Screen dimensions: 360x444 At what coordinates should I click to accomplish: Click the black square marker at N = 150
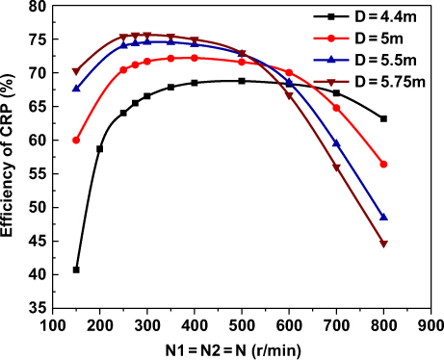[76, 270]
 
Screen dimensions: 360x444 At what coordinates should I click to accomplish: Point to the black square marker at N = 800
[384, 118]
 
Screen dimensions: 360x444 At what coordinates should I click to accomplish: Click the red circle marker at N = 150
[76, 140]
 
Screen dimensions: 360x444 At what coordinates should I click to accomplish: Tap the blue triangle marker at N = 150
[76, 88]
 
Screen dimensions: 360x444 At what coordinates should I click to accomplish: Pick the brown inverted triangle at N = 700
[336, 167]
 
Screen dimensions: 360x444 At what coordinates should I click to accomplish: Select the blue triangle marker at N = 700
[336, 143]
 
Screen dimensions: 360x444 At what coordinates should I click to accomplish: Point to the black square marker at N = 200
[100, 148]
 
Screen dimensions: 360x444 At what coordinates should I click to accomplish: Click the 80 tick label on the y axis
[38, 7]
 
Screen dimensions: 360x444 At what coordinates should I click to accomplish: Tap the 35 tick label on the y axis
[38, 308]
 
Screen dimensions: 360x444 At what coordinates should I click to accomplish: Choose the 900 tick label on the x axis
[431, 325]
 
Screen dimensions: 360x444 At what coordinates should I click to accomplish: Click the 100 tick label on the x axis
[53, 325]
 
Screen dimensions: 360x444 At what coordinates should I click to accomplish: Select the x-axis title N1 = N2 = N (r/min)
[242, 348]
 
